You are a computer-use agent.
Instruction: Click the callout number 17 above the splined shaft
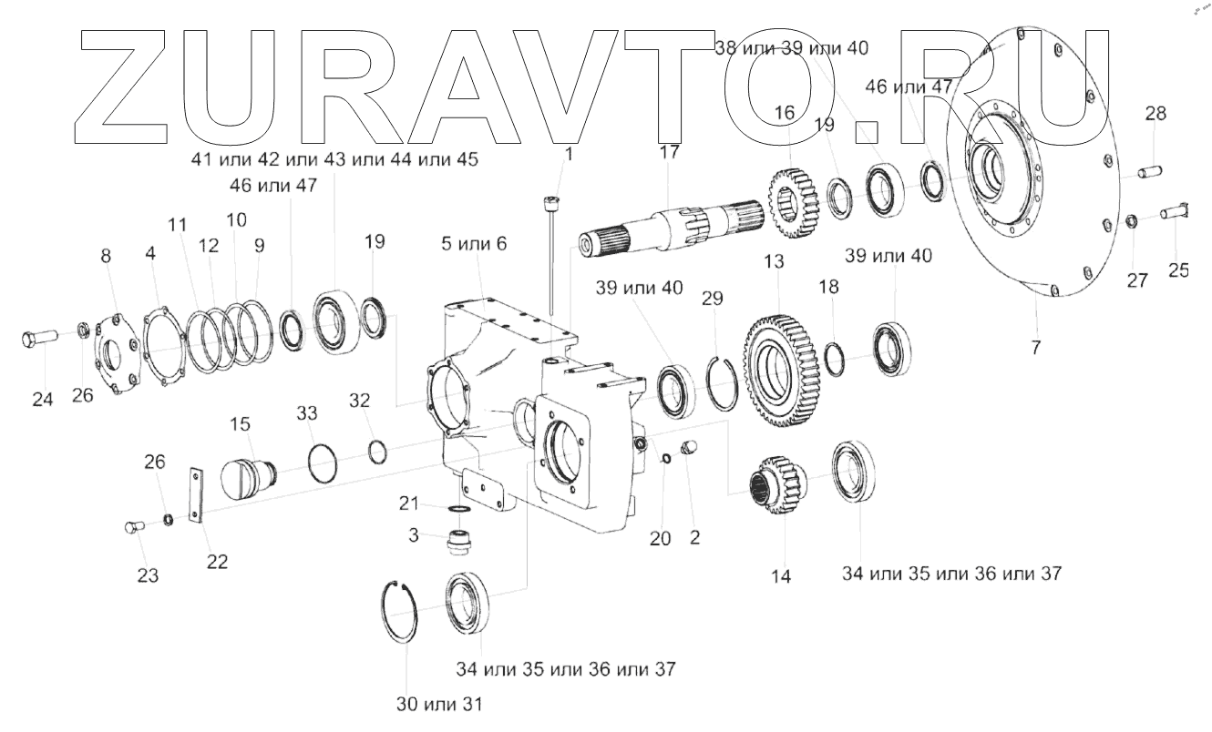669,152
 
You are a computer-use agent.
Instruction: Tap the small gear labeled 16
793,204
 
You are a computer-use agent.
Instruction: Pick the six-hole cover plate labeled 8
116,356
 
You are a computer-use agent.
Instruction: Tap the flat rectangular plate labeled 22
195,495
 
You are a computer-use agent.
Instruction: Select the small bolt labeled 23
133,526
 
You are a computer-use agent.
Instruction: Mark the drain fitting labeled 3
460,543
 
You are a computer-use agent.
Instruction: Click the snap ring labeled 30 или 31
399,612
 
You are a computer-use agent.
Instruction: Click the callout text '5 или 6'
474,244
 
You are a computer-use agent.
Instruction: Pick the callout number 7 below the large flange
1035,347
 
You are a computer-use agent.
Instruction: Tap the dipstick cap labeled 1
551,204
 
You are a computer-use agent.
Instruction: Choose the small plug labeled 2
690,447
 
